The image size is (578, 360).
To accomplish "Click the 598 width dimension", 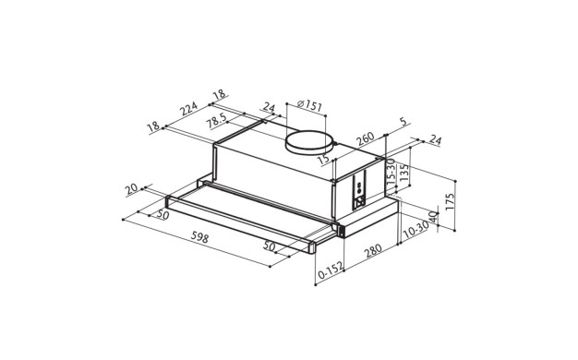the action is (200, 238).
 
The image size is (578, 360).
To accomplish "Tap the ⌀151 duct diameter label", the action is (309, 106).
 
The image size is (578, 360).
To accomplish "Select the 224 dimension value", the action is (188, 108).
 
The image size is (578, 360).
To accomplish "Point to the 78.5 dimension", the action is (216, 121).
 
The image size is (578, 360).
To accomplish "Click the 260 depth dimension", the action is (366, 138).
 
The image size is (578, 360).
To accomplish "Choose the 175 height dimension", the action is (451, 201).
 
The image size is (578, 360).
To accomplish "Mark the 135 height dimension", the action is (404, 173).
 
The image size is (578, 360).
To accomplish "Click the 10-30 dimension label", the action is (415, 229).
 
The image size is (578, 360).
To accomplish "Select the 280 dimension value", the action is (373, 251).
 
